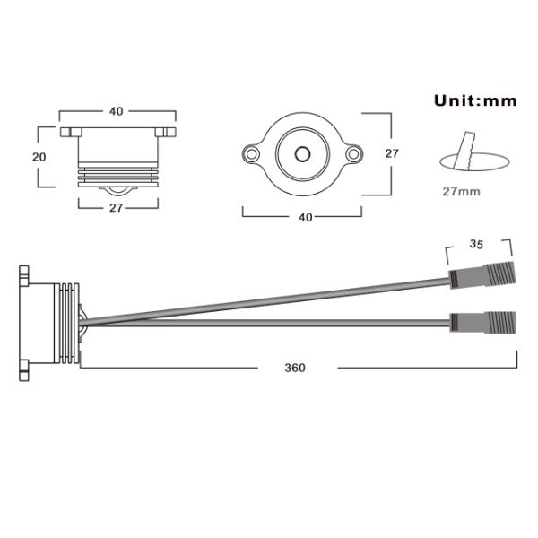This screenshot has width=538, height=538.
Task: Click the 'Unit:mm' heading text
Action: pyautogui.click(x=476, y=100)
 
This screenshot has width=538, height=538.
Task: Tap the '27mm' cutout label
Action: pyautogui.click(x=461, y=191)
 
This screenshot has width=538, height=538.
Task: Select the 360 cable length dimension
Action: pyautogui.click(x=294, y=368)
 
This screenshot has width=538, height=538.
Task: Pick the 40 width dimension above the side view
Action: pyautogui.click(x=116, y=111)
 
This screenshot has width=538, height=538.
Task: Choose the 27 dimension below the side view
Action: pyautogui.click(x=115, y=206)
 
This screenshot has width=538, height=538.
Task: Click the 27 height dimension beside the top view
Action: pyautogui.click(x=391, y=153)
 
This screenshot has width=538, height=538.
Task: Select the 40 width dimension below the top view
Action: pyautogui.click(x=305, y=217)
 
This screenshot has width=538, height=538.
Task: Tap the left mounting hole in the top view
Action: pyautogui.click(x=252, y=154)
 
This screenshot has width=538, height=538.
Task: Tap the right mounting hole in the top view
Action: pyautogui.click(x=354, y=154)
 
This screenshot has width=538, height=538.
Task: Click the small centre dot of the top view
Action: pyautogui.click(x=303, y=154)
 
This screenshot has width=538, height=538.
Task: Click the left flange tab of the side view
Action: pyautogui.click(x=66, y=132)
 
